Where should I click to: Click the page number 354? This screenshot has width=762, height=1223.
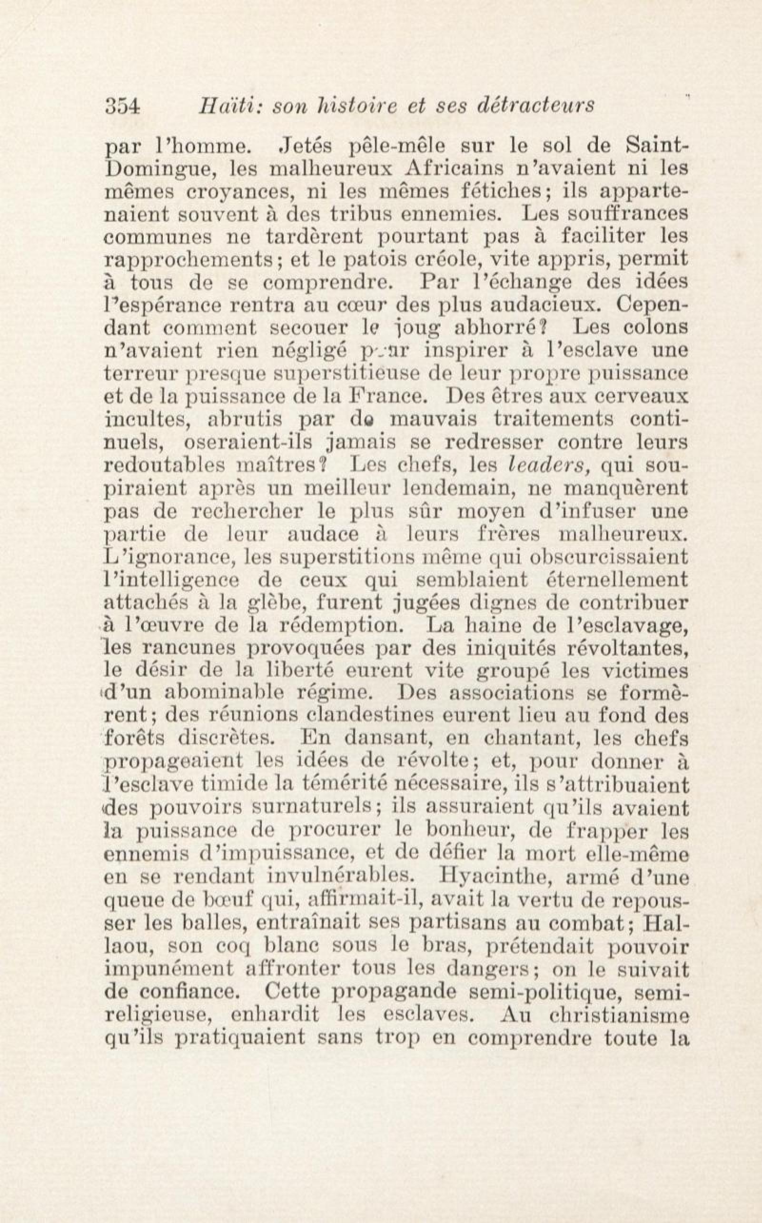click(122, 106)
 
